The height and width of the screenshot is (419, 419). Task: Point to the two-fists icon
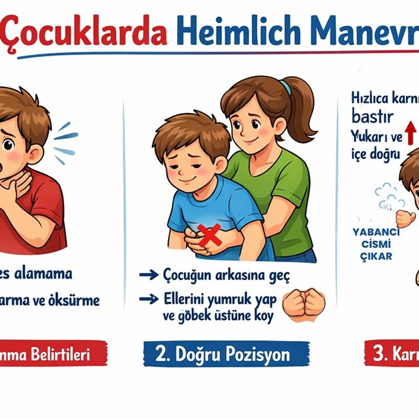(x=304, y=304)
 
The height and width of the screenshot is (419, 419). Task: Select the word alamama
(x=44, y=273)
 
